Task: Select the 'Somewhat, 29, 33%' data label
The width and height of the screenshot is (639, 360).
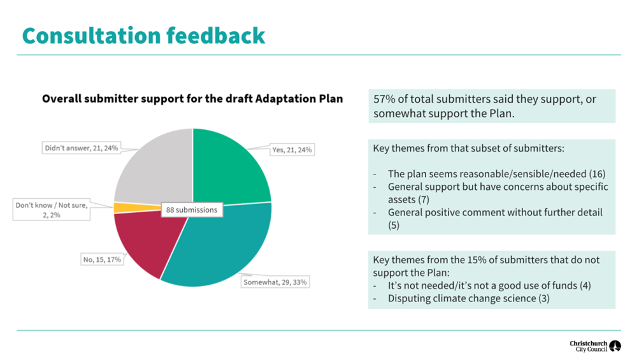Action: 275,282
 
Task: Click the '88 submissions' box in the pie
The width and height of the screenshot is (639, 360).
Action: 191,210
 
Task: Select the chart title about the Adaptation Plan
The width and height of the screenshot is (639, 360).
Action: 192,99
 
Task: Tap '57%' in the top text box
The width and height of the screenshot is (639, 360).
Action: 385,100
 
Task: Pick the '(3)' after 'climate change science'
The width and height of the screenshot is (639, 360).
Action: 545,298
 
